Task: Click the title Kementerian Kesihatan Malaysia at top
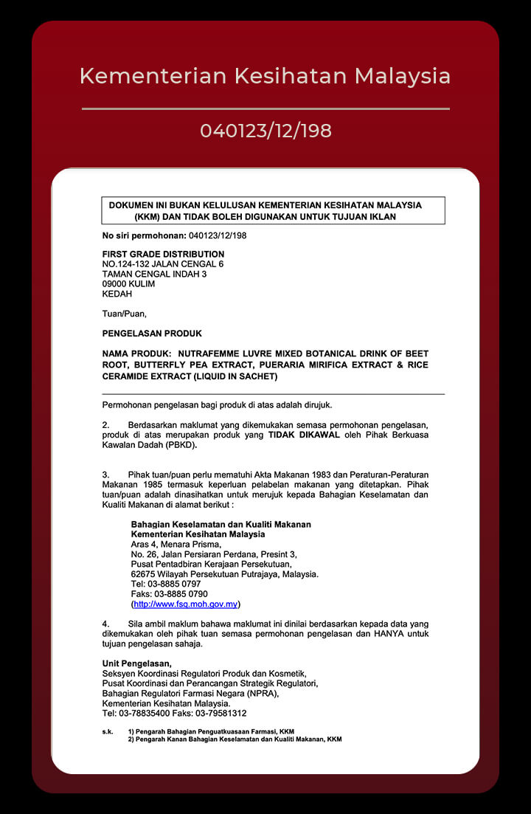pyautogui.click(x=265, y=76)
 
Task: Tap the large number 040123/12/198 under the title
pyautogui.click(x=265, y=131)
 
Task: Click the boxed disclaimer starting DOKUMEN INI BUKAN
pyautogui.click(x=273, y=211)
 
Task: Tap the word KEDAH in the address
pyautogui.click(x=117, y=293)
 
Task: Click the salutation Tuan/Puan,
pyautogui.click(x=124, y=314)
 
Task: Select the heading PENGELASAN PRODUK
pyautogui.click(x=152, y=334)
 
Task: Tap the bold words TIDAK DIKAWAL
pyautogui.click(x=304, y=435)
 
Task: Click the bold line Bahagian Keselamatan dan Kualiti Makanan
pyautogui.click(x=221, y=525)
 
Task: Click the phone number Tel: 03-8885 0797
pyautogui.click(x=165, y=584)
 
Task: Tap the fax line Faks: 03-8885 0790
pyautogui.click(x=169, y=594)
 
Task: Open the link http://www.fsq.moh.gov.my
pyautogui.click(x=185, y=604)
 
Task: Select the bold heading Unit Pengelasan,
pyautogui.click(x=136, y=664)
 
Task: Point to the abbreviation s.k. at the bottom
pyautogui.click(x=108, y=731)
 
